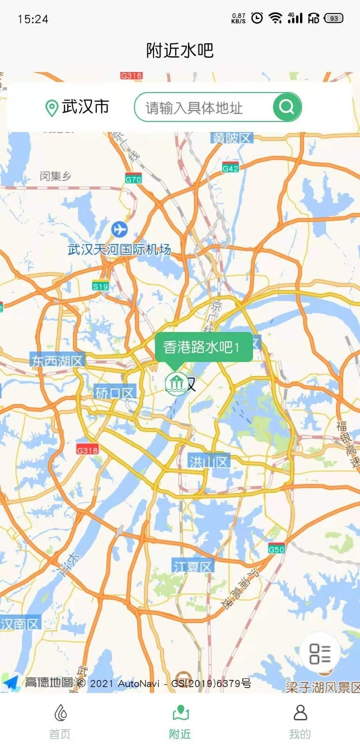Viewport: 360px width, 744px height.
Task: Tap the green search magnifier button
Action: click(287, 107)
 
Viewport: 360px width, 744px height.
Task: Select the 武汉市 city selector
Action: click(77, 107)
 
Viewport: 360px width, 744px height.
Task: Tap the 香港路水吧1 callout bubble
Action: click(203, 347)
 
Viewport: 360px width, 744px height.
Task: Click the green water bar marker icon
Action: click(176, 384)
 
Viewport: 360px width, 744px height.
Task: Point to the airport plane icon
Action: click(120, 229)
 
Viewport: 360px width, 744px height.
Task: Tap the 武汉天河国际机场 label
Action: click(119, 250)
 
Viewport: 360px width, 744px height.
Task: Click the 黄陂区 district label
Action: click(232, 138)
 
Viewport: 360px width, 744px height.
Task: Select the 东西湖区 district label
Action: click(57, 360)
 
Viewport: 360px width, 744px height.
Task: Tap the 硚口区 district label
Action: click(114, 393)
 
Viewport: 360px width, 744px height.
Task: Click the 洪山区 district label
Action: click(208, 462)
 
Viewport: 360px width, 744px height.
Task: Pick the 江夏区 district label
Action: click(193, 566)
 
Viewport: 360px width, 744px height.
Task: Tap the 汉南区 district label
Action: click(20, 624)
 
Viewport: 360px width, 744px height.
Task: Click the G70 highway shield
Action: click(133, 179)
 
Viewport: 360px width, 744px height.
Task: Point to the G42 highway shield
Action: click(230, 168)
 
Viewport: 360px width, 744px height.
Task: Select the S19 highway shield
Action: click(100, 286)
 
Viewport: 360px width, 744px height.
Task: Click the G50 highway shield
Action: click(276, 549)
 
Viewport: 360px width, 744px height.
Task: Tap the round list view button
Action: click(320, 653)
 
